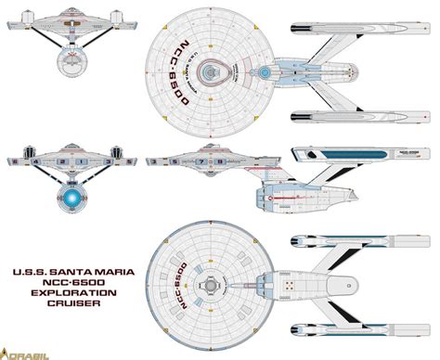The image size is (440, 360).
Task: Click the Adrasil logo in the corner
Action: click(20, 352)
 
